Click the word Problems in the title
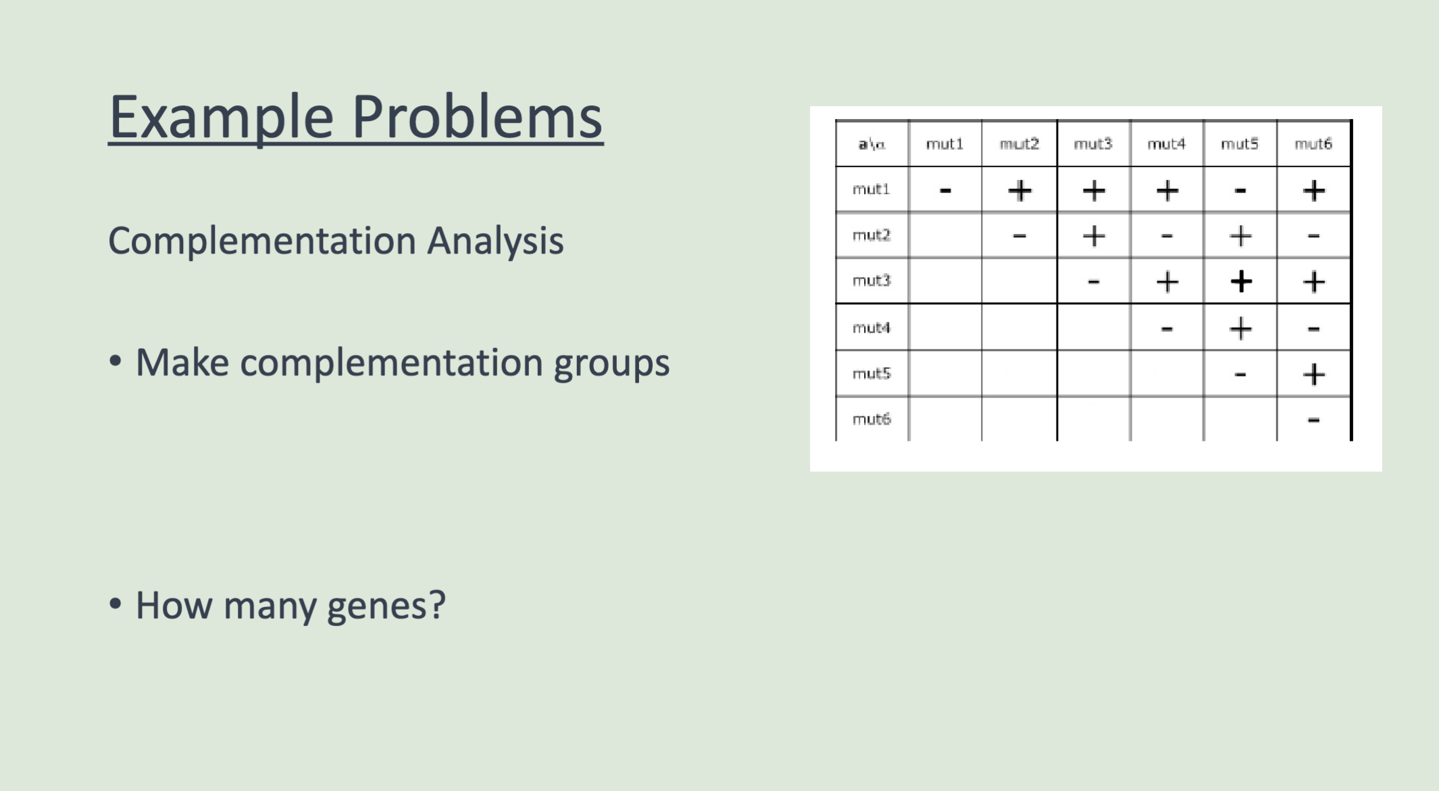click(x=477, y=116)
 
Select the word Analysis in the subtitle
click(x=495, y=241)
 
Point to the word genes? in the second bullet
click(x=386, y=606)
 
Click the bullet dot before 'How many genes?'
click(x=116, y=604)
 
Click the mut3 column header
click(x=1092, y=144)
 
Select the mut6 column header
click(x=1313, y=144)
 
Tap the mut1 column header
click(x=944, y=144)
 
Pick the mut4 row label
click(x=872, y=328)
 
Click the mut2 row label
click(x=872, y=235)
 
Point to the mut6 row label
click(x=872, y=419)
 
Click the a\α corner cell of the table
click(x=872, y=144)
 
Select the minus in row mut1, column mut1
click(x=945, y=191)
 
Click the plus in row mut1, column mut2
click(x=1019, y=191)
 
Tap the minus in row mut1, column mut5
click(x=1240, y=191)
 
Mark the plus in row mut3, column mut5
click(x=1240, y=281)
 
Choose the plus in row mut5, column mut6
click(x=1313, y=374)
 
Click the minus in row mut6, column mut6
click(x=1313, y=421)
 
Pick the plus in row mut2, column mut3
click(x=1093, y=236)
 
